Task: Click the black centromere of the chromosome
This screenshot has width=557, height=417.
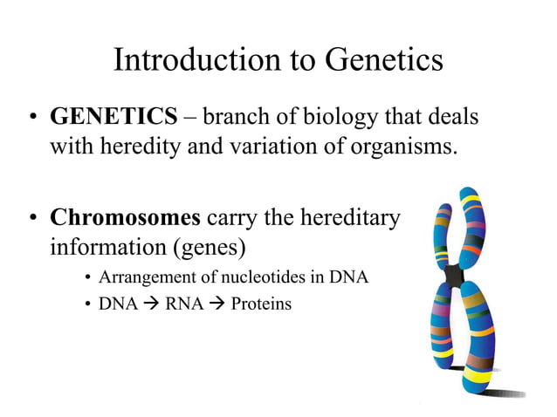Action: (x=453, y=277)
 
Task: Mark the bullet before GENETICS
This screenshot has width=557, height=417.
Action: (x=32, y=118)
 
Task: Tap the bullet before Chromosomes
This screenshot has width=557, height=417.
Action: (x=32, y=219)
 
